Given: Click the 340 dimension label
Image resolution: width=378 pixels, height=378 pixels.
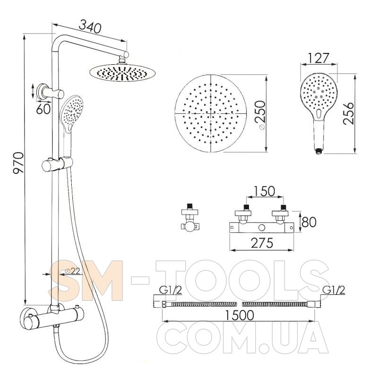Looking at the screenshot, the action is pyautogui.click(x=90, y=26).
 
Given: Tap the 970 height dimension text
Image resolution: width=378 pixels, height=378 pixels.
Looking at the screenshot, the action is pyautogui.click(x=18, y=163).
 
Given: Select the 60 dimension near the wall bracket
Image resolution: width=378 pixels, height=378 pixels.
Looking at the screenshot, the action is pyautogui.click(x=43, y=109).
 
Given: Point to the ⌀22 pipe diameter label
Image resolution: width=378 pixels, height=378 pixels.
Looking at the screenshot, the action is pyautogui.click(x=73, y=271).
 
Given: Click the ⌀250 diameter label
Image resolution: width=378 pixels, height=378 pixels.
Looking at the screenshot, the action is pyautogui.click(x=260, y=115).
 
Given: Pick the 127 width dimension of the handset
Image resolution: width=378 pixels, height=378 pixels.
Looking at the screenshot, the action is pyautogui.click(x=318, y=58).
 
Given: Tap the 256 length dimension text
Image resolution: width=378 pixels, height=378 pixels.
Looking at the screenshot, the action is pyautogui.click(x=349, y=113).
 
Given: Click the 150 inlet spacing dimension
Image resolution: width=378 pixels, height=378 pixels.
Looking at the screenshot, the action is pyautogui.click(x=264, y=191).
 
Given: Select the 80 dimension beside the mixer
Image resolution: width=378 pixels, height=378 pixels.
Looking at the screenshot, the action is pyautogui.click(x=309, y=222).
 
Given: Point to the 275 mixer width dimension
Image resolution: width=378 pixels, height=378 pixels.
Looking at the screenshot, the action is pyautogui.click(x=262, y=243).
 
